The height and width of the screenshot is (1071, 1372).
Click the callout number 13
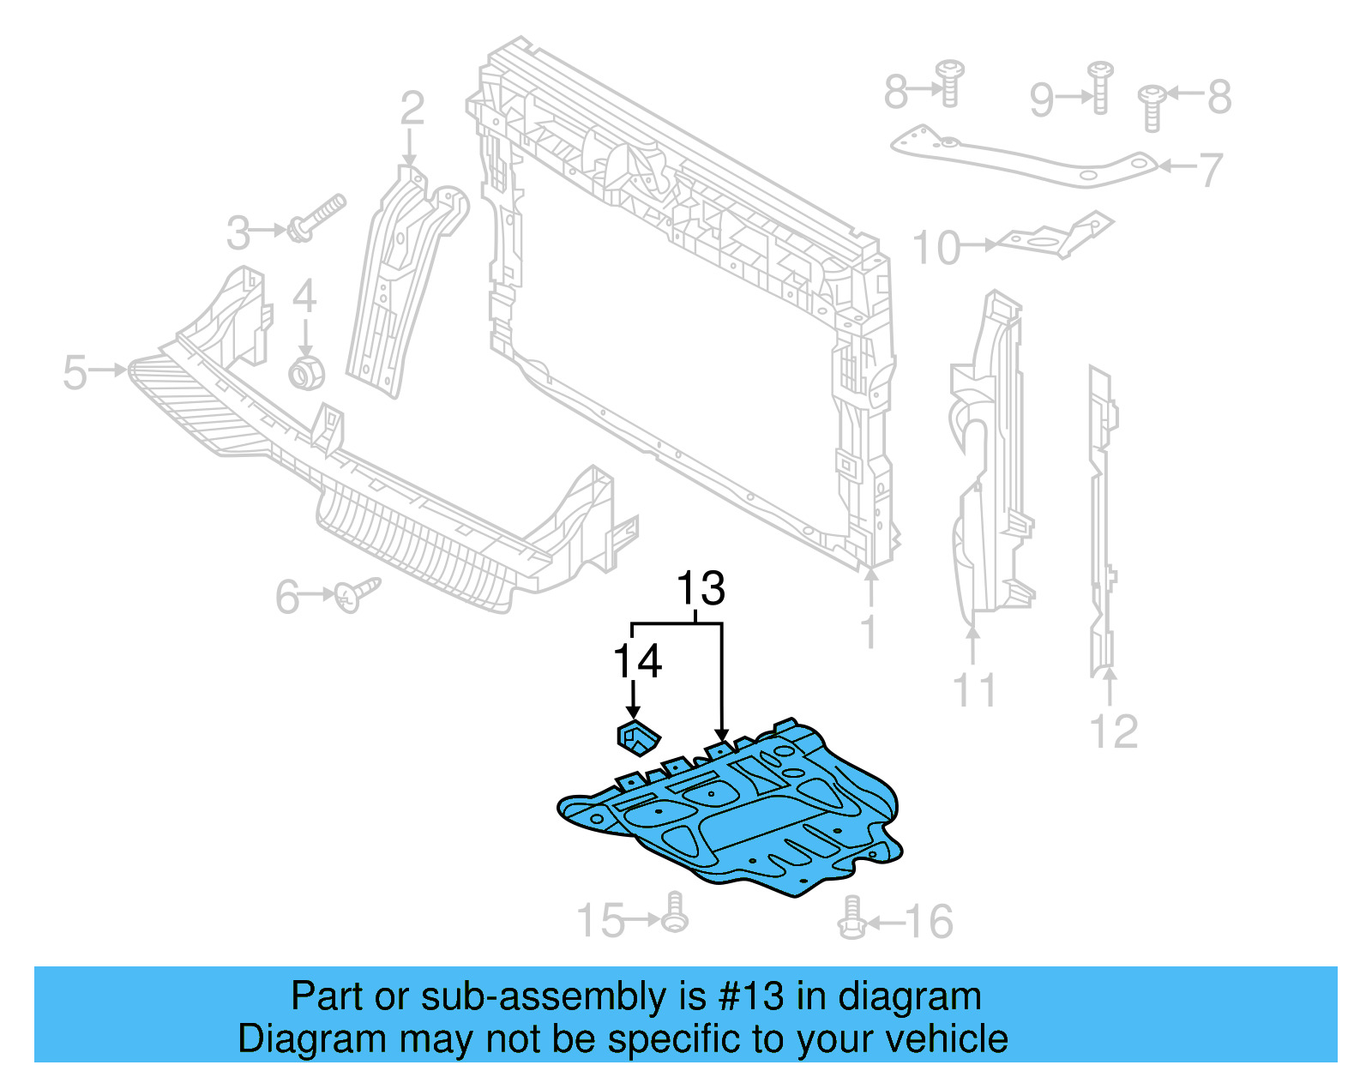(701, 590)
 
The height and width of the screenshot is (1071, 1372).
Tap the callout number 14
(637, 662)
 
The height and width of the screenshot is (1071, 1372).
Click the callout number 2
(412, 109)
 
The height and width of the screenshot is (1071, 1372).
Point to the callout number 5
(75, 372)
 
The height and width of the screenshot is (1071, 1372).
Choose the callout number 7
(1210, 170)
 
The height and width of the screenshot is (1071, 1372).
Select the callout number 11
(975, 690)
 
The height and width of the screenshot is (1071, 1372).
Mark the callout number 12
(1113, 731)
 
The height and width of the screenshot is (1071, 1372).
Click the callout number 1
(870, 633)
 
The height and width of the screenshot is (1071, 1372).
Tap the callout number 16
(929, 922)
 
